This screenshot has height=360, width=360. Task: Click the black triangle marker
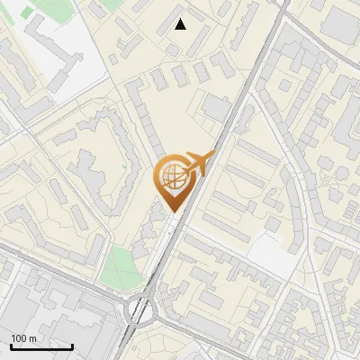[181, 24]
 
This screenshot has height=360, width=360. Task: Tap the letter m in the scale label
[34, 338]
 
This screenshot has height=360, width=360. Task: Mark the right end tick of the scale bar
[72, 346]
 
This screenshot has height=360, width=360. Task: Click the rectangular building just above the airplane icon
[216, 107]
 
